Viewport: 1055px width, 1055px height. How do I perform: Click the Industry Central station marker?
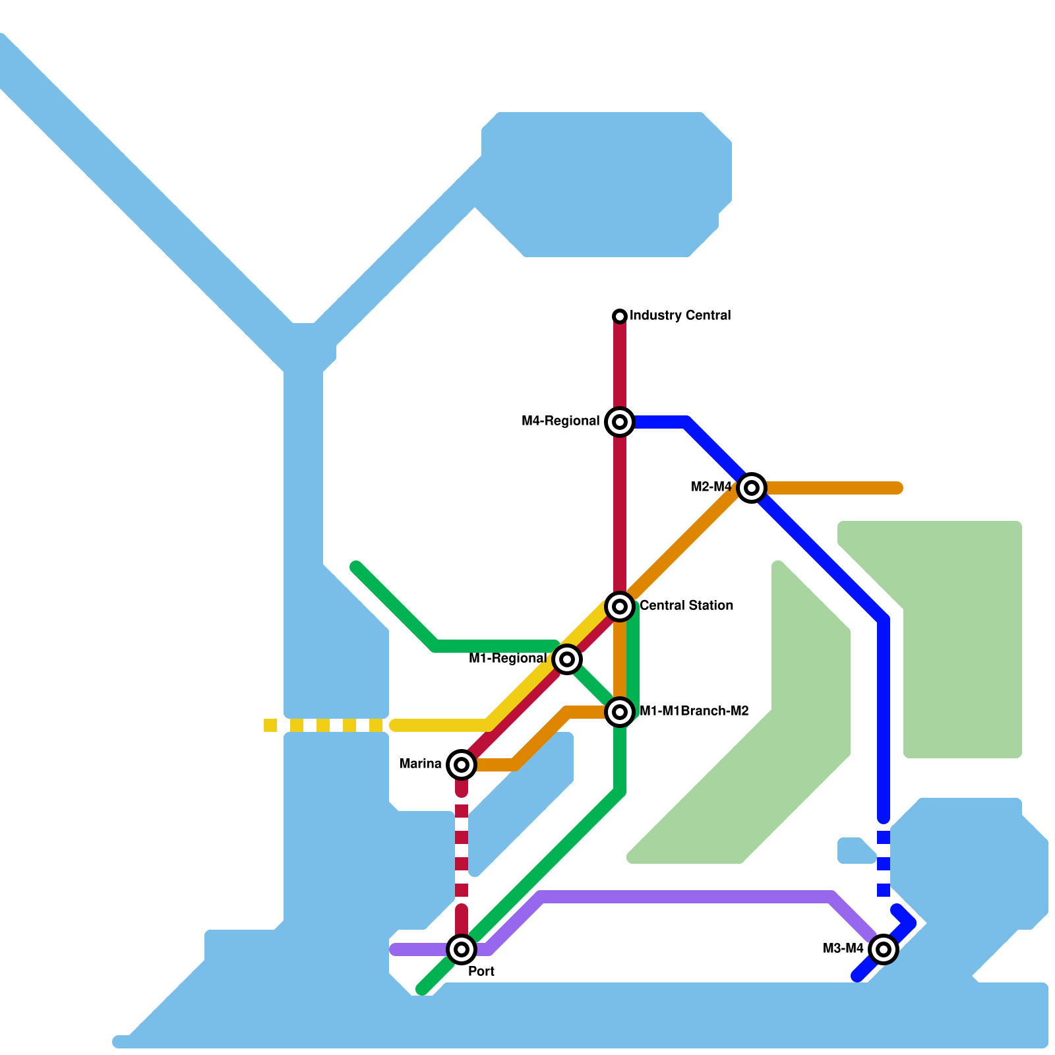pyautogui.click(x=619, y=316)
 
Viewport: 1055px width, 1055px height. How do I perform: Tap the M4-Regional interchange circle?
pyautogui.click(x=619, y=421)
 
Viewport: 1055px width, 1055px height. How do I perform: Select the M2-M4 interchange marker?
pyautogui.click(x=751, y=488)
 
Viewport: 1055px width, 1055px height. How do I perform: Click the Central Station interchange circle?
pyautogui.click(x=619, y=606)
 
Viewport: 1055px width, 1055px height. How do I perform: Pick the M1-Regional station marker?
pyautogui.click(x=566, y=659)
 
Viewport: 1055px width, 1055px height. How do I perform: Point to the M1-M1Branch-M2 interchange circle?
pyautogui.click(x=619, y=711)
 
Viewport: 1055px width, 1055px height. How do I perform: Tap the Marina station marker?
pyautogui.click(x=462, y=764)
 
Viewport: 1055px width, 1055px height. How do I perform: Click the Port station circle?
pyautogui.click(x=462, y=949)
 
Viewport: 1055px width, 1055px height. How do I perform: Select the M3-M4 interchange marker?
pyautogui.click(x=883, y=949)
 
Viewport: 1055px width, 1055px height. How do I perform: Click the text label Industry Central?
pyautogui.click(x=680, y=315)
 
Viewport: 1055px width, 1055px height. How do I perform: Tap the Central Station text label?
pyautogui.click(x=686, y=605)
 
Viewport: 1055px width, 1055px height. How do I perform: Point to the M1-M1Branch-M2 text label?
pyautogui.click(x=694, y=711)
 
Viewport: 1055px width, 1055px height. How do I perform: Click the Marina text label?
pyautogui.click(x=420, y=764)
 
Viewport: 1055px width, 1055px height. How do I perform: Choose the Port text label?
pyautogui.click(x=481, y=971)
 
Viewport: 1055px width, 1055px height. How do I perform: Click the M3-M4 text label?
pyautogui.click(x=843, y=949)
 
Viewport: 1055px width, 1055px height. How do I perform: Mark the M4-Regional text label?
pyautogui.click(x=560, y=421)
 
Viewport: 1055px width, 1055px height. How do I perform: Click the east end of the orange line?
pyautogui.click(x=897, y=488)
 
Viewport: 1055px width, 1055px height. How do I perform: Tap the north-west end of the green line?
pyautogui.click(x=356, y=567)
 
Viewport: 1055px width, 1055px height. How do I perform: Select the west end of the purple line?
pyautogui.click(x=395, y=950)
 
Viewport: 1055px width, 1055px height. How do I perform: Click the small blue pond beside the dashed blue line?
pyautogui.click(x=855, y=851)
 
